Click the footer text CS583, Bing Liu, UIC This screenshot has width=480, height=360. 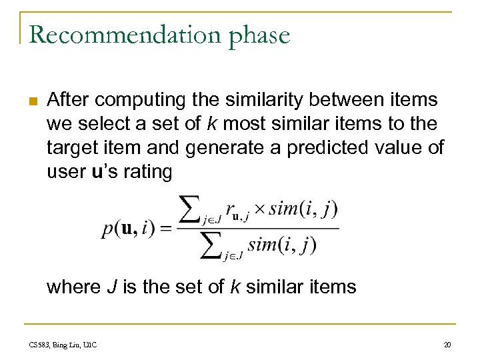(63, 345)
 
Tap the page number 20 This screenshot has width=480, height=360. (447, 345)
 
